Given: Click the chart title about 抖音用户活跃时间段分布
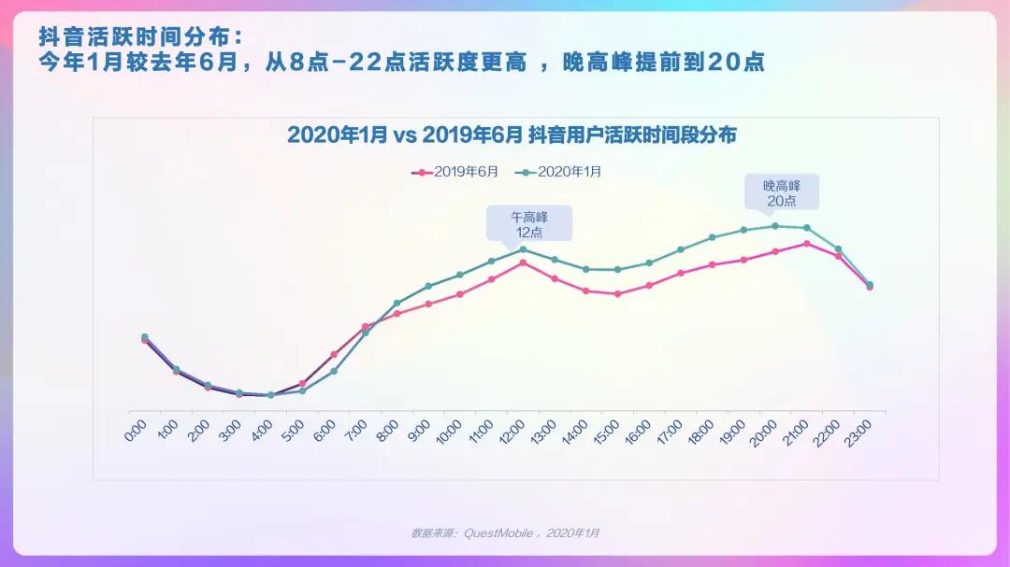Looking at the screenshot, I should pos(512,135).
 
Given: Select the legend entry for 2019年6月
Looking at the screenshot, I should pos(456,172).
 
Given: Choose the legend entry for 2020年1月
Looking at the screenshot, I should pos(561,172).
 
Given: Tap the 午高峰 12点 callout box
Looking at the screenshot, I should pos(528,224).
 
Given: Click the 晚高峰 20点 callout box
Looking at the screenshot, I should pos(781,192).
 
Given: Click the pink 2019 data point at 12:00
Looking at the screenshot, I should pos(523,262).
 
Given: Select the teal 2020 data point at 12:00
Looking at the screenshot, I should pos(523,249).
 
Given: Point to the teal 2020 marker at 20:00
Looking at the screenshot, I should pos(775,226).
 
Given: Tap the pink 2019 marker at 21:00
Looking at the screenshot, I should pos(806,244).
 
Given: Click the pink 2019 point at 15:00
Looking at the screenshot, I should pos(617,294).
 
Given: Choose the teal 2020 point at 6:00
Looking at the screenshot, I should pos(334,372).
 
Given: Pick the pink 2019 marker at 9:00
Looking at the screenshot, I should pos(428,304).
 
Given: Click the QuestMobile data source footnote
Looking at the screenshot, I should pos(505,532).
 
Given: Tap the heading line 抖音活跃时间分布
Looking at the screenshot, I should pos(139,37).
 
